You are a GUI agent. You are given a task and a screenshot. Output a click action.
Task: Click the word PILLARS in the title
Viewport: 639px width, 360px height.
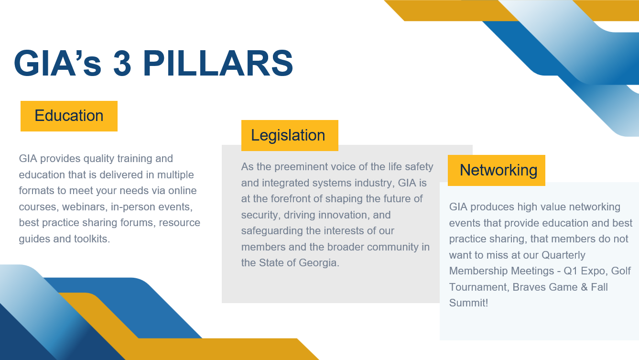(x=218, y=63)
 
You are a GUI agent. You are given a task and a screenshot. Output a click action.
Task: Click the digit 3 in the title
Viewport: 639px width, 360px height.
(x=122, y=63)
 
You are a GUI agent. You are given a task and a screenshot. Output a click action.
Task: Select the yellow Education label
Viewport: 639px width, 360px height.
(x=69, y=116)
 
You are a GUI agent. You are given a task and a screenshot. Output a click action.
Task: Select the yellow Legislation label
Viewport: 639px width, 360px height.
(x=290, y=135)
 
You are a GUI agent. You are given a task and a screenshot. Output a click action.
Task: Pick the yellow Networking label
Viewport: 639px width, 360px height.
(x=497, y=170)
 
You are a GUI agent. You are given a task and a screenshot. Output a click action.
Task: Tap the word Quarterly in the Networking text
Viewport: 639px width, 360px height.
(x=563, y=255)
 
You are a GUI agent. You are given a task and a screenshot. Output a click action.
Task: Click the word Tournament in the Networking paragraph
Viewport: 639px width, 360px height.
(x=479, y=287)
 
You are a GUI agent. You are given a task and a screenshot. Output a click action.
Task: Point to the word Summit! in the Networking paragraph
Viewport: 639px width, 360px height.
(x=468, y=303)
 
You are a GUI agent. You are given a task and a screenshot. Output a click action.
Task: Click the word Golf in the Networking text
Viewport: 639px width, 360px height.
(x=620, y=271)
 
